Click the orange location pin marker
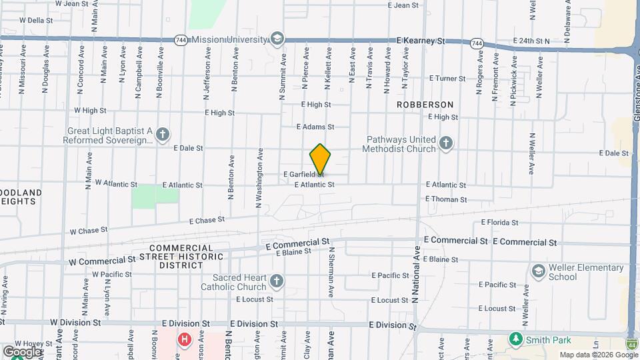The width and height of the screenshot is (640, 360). (320, 159)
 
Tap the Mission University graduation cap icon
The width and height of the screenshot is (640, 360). (277, 39)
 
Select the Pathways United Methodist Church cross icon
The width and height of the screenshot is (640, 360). (446, 143)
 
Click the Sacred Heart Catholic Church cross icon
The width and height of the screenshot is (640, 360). (277, 282)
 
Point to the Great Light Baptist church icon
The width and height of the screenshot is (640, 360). (162, 135)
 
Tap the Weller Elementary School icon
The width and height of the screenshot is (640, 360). (539, 271)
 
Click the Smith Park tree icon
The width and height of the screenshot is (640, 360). (515, 339)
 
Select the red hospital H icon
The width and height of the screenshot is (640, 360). (185, 340)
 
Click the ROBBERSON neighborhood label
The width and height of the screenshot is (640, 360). (425, 105)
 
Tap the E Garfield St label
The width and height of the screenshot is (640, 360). (303, 174)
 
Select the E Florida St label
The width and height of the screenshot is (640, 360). (499, 223)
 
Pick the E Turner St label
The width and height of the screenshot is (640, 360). (447, 79)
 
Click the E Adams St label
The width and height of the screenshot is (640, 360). (315, 127)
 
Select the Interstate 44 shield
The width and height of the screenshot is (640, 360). (632, 344)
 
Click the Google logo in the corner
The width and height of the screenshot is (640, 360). (22, 351)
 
